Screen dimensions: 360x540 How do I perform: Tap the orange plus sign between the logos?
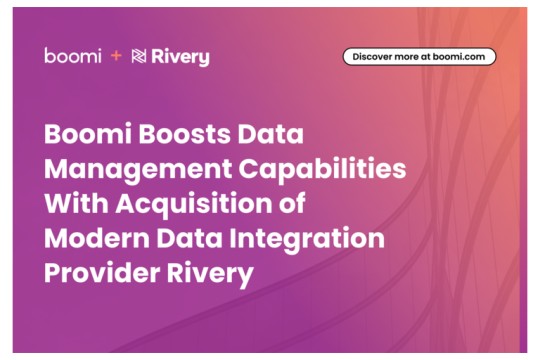pos(116,56)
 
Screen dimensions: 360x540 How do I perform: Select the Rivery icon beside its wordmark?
pos(139,57)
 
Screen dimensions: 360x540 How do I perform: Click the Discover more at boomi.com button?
pos(419,57)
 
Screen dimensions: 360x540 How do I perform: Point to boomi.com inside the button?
pos(460,57)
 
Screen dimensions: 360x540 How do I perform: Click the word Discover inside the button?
pos(373,57)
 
